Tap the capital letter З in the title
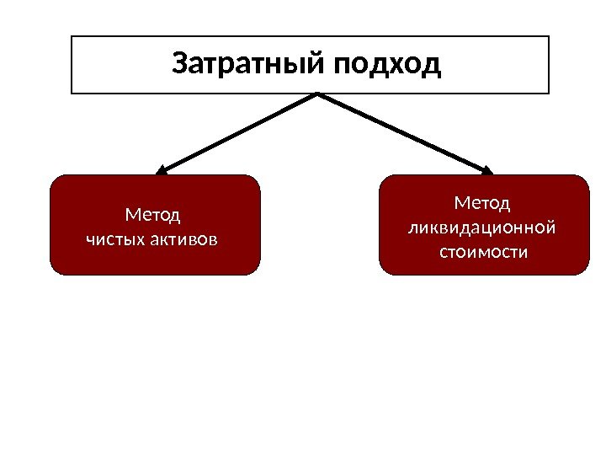click(x=179, y=64)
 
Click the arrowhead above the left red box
click(x=162, y=171)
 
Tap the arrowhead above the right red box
click(x=487, y=171)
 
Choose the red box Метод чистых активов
click(x=155, y=253)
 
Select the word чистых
click(x=115, y=239)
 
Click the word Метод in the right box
click(x=482, y=203)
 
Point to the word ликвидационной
click(x=483, y=227)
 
